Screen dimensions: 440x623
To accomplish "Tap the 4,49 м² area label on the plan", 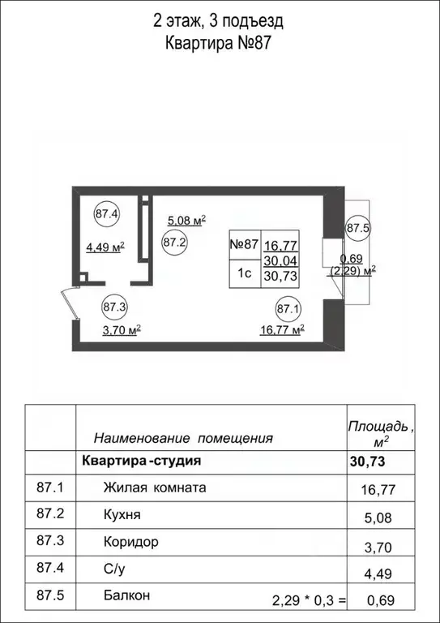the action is pyautogui.click(x=105, y=248).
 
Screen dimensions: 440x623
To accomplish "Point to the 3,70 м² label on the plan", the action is pyautogui.click(x=122, y=330).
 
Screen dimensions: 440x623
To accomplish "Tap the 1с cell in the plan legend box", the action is pyautogui.click(x=244, y=274).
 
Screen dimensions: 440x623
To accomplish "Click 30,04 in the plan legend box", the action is pyautogui.click(x=281, y=260).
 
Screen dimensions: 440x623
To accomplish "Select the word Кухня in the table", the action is pyautogui.click(x=122, y=515).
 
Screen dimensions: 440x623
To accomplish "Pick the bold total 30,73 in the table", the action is pyautogui.click(x=367, y=462).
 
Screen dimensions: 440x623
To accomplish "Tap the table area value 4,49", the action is pyautogui.click(x=378, y=574).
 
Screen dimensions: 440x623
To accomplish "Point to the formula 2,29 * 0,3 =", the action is pyautogui.click(x=309, y=600).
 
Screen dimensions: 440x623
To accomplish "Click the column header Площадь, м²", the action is pyautogui.click(x=381, y=434).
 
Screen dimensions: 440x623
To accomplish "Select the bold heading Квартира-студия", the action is pyautogui.click(x=141, y=462).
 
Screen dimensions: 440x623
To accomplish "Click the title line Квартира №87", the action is pyautogui.click(x=218, y=43).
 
